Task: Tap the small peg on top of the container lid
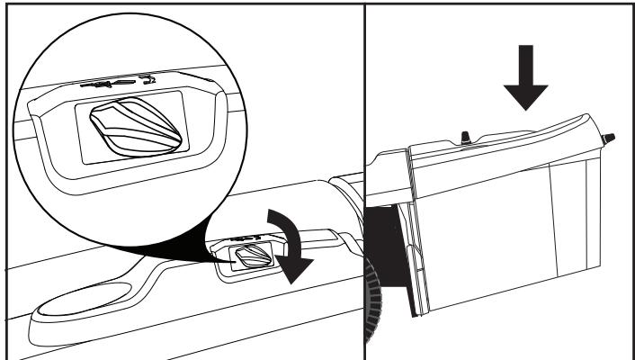click(466, 136)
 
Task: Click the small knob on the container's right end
click(608, 139)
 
